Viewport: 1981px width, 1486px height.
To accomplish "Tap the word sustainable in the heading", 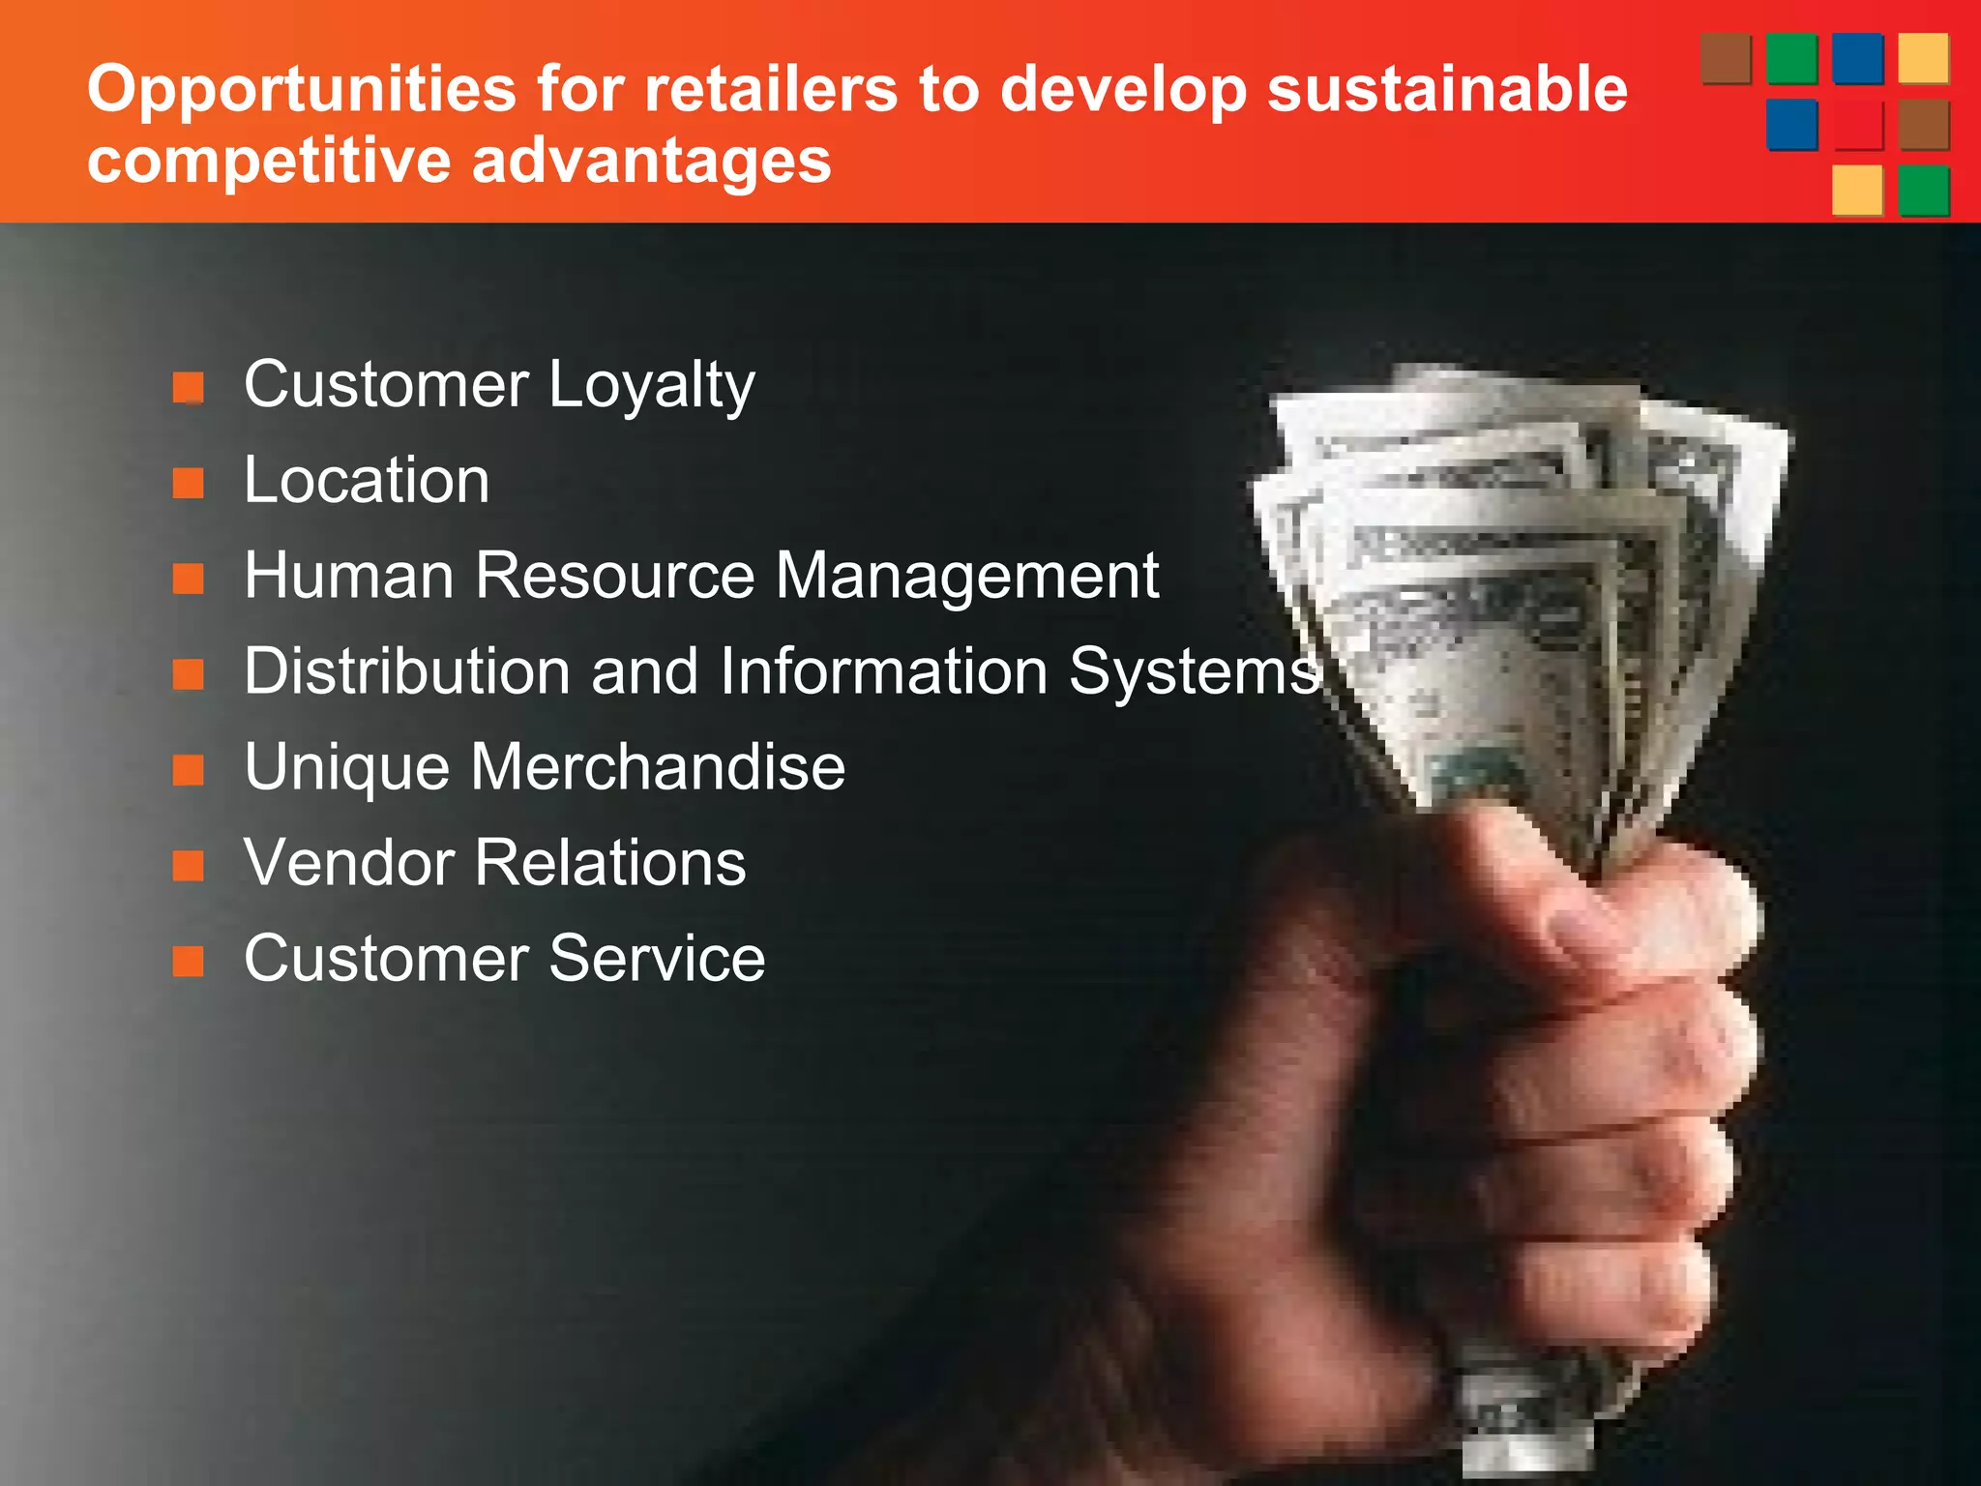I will [x=1447, y=90].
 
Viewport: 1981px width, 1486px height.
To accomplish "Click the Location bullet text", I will [x=367, y=480].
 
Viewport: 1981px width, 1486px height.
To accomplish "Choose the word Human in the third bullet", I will [x=349, y=576].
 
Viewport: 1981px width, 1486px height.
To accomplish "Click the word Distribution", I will [x=407, y=671].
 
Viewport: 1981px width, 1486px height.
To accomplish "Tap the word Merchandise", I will [x=658, y=767].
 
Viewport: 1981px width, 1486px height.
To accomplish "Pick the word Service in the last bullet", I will [x=657, y=959].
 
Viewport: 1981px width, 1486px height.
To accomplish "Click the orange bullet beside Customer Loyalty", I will [x=189, y=388].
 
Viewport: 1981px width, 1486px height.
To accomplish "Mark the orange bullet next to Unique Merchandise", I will [x=189, y=771].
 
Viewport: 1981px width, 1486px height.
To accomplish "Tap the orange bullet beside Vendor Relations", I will [x=189, y=866].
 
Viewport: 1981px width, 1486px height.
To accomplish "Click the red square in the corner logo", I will [x=1857, y=126].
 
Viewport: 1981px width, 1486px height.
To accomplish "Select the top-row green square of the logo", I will [x=1791, y=59].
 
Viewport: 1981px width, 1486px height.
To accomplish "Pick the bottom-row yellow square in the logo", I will [x=1857, y=191].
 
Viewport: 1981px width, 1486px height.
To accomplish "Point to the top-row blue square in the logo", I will [x=1857, y=59].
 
